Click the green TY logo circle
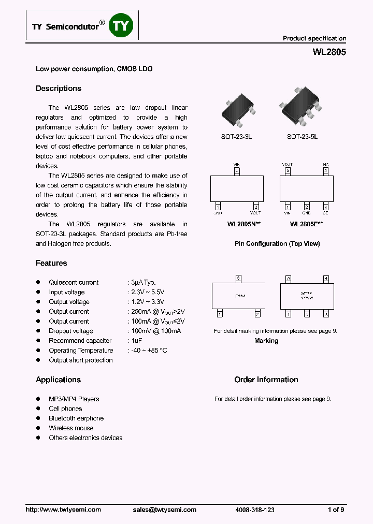(121, 25)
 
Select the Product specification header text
(314, 38)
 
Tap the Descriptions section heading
(59, 89)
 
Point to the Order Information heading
(266, 380)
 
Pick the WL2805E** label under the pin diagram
(306, 224)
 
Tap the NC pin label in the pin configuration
(325, 164)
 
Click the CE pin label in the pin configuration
(325, 213)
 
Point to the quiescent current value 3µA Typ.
(142, 283)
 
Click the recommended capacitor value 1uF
(135, 341)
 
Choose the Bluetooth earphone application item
(76, 418)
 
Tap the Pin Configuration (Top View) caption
(277, 244)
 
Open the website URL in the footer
(63, 510)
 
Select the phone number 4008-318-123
(254, 510)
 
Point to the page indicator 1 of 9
(336, 510)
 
